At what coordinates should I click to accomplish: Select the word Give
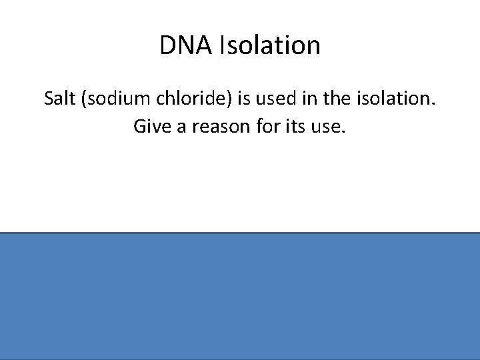(x=153, y=126)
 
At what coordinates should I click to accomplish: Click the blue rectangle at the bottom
(x=240, y=296)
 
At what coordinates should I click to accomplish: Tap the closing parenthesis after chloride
(x=227, y=99)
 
